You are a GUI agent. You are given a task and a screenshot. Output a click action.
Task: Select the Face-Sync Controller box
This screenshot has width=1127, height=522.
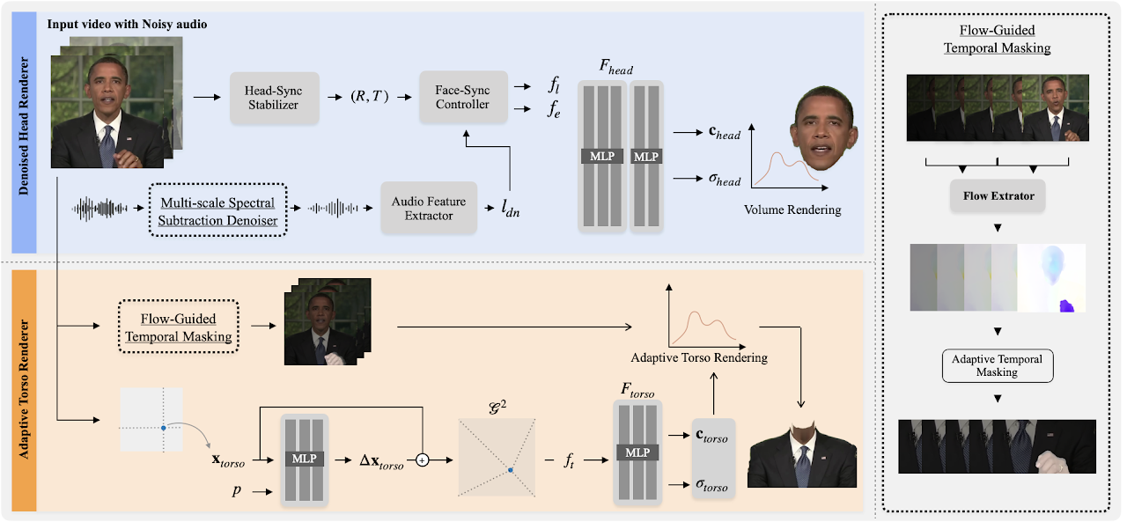463,97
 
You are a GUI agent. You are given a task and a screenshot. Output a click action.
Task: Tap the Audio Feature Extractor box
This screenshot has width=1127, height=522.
428,208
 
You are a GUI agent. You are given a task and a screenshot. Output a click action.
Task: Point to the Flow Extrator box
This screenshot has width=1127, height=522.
997,195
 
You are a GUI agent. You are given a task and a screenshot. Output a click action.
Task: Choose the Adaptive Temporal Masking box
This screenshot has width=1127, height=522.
997,365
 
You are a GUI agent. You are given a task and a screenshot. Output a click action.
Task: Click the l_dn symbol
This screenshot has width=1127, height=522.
509,210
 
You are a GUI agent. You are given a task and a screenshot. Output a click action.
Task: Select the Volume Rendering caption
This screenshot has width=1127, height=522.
792,210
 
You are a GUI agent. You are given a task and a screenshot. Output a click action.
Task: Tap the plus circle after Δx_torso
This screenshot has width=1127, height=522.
423,461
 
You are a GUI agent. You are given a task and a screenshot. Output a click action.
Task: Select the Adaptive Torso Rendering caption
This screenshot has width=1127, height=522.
699,358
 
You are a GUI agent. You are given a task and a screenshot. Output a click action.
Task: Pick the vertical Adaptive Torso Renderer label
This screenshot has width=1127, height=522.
24,389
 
